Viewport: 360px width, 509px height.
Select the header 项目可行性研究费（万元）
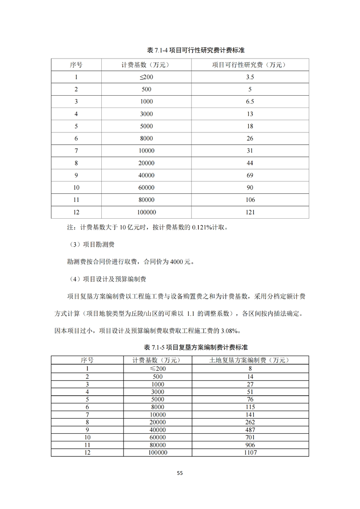coord(250,65)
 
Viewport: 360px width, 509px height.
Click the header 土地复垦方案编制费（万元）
coord(250,360)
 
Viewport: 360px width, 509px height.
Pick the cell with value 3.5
coord(250,77)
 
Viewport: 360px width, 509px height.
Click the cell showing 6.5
coord(250,102)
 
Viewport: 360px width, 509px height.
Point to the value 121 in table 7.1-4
coord(250,212)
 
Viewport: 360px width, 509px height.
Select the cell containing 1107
coord(250,452)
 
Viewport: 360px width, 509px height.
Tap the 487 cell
coord(250,429)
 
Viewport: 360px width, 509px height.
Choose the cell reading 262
coord(250,421)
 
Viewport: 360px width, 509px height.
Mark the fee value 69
coord(250,175)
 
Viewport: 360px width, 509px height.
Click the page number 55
coord(180,473)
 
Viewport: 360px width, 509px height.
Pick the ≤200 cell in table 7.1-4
coord(147,77)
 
